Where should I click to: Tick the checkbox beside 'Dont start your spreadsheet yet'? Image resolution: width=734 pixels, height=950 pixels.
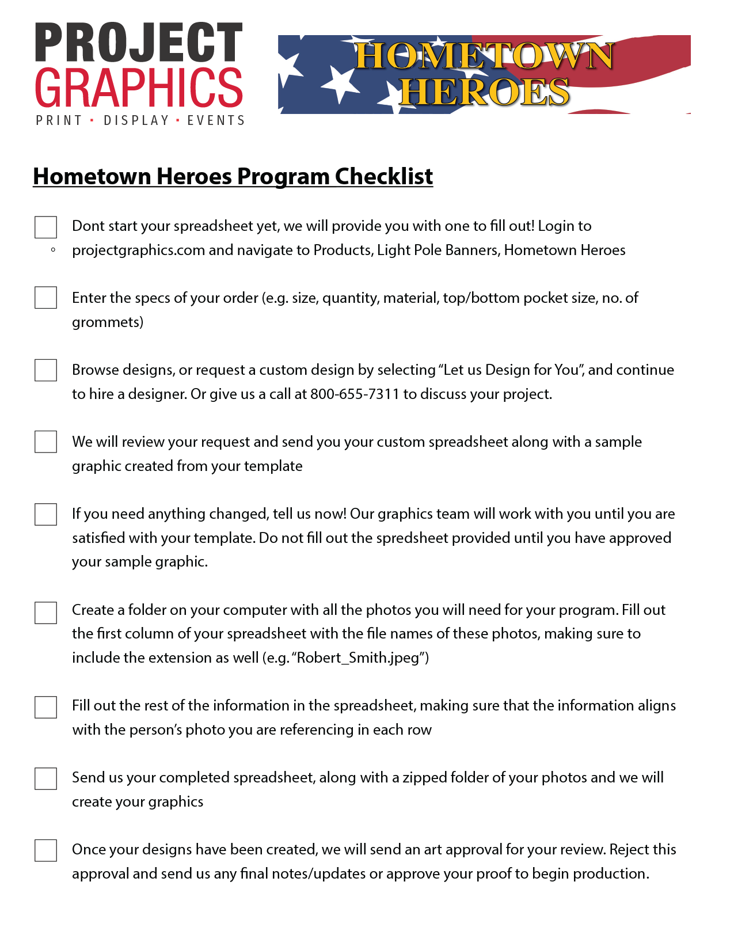pyautogui.click(x=45, y=227)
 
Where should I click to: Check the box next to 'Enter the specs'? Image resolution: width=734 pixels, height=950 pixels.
pyautogui.click(x=45, y=298)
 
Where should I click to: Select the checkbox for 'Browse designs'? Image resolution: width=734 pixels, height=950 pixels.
pyautogui.click(x=45, y=370)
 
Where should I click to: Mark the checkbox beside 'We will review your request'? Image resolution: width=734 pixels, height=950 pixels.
pyautogui.click(x=45, y=442)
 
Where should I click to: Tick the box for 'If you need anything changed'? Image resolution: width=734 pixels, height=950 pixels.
pyautogui.click(x=45, y=514)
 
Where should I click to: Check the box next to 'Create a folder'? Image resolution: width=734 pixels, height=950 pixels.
pyautogui.click(x=45, y=613)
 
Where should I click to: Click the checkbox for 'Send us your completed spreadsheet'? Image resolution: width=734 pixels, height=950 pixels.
pyautogui.click(x=45, y=778)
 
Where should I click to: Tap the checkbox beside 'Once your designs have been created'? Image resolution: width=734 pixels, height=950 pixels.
pyautogui.click(x=45, y=850)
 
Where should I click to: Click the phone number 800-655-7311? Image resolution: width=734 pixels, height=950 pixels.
pyautogui.click(x=355, y=394)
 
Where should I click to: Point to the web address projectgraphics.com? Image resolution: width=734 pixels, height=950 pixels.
pyautogui.click(x=138, y=250)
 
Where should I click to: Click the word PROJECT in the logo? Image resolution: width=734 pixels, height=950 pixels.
pyautogui.click(x=139, y=43)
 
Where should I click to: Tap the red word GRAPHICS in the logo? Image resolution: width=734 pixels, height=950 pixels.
pyautogui.click(x=139, y=88)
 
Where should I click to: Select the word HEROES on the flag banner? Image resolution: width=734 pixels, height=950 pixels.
pyautogui.click(x=485, y=92)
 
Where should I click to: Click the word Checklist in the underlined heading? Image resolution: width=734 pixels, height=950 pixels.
pyautogui.click(x=384, y=176)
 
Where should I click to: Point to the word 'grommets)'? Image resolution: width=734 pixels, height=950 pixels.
pyautogui.click(x=108, y=322)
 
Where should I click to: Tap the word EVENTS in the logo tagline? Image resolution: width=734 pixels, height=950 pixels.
pyautogui.click(x=216, y=121)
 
